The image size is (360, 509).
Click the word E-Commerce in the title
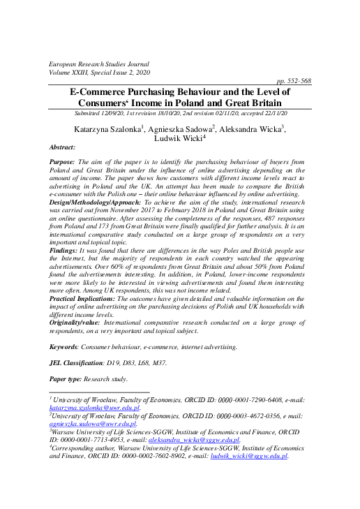pos(106,91)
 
